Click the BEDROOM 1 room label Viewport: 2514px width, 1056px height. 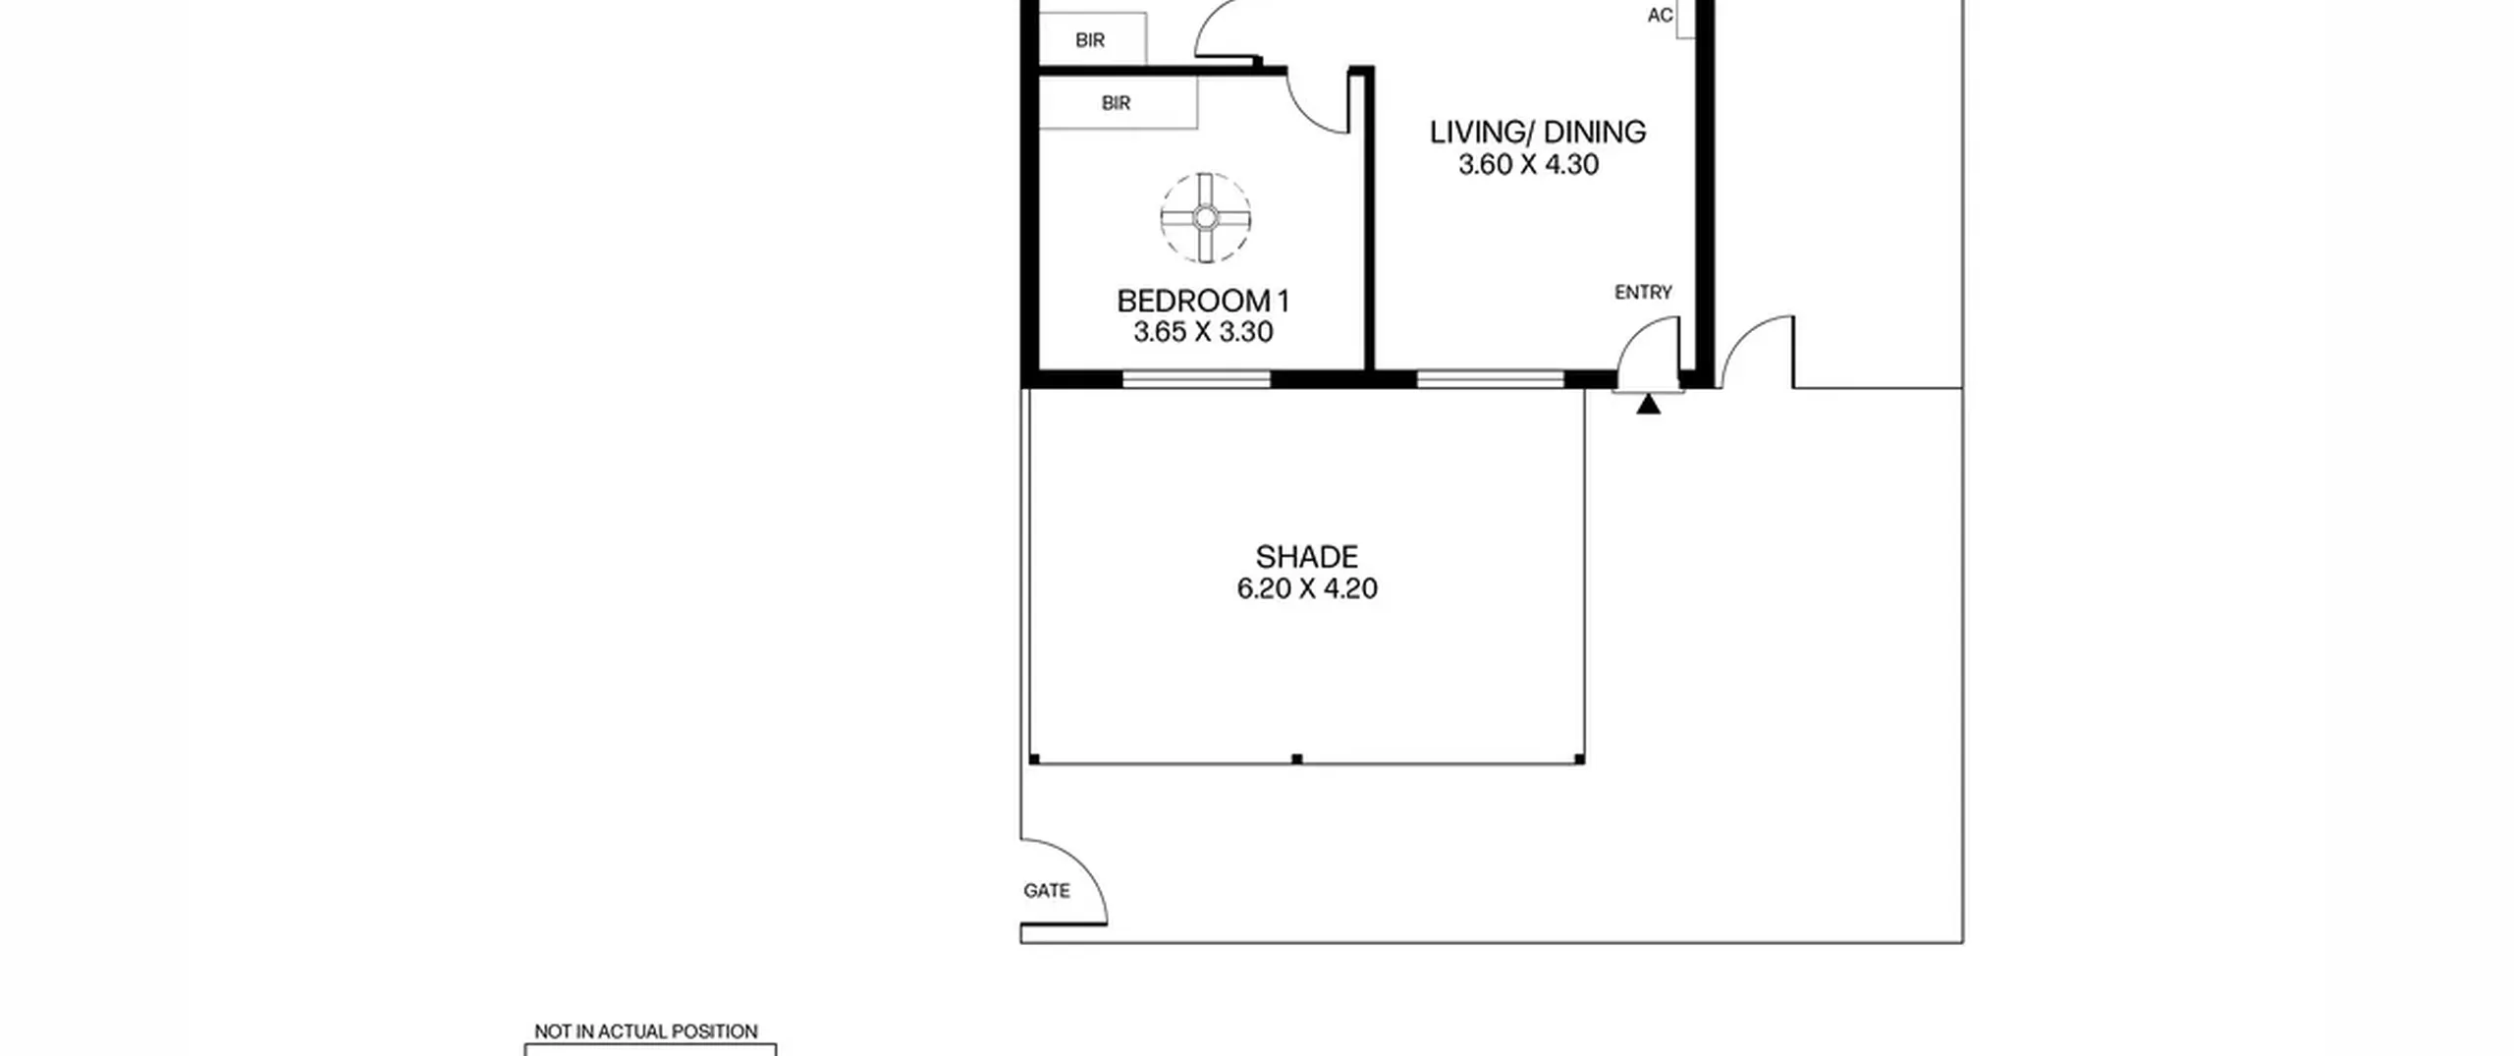point(1203,301)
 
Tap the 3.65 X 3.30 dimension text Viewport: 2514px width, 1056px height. point(1203,332)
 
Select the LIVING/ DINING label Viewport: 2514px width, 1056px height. point(1538,133)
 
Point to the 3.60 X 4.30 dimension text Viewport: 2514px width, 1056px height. point(1529,165)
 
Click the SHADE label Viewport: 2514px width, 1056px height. point(1307,557)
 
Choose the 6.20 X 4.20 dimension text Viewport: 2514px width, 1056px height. point(1307,588)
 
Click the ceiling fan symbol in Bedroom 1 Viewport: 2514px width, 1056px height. point(1206,218)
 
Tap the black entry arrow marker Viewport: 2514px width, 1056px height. point(1648,404)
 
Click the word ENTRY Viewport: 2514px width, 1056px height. point(1643,292)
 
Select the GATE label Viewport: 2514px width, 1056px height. point(1047,891)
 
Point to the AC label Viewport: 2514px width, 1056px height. point(1660,16)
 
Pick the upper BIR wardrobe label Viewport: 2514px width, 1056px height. point(1090,40)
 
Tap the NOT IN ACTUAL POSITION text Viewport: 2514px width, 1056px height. point(646,1031)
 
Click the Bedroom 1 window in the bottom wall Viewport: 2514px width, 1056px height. point(1196,379)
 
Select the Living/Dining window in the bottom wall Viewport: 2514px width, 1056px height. point(1491,379)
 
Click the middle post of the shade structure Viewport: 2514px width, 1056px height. point(1297,759)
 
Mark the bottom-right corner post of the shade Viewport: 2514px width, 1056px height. point(1579,759)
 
